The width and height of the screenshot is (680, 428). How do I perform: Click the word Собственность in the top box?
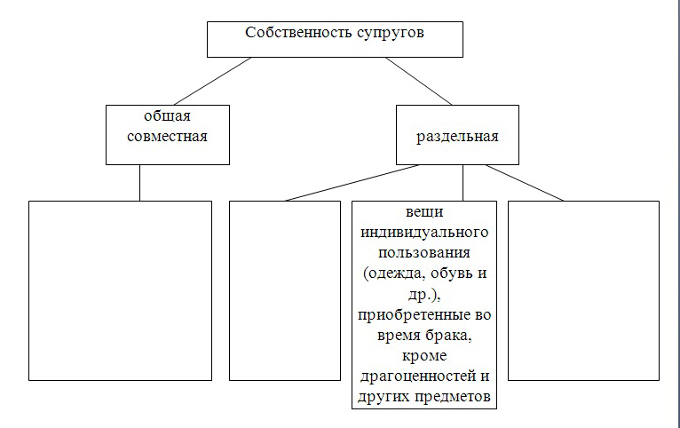[x=300, y=33]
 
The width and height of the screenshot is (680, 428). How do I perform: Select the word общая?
[x=168, y=117]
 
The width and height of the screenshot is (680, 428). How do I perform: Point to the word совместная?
[x=168, y=137]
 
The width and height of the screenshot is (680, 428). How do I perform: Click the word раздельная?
[x=457, y=137]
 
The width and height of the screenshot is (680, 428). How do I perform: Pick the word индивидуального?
[x=424, y=233]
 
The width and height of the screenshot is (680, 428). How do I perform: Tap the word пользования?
[x=424, y=253]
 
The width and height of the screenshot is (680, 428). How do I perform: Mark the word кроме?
[x=424, y=356]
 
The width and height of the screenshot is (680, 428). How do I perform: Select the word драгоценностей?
[x=418, y=376]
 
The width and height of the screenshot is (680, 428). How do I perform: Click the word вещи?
[x=424, y=212]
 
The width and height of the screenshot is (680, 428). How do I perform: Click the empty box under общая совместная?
[x=120, y=290]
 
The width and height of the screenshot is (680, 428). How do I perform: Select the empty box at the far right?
[x=584, y=290]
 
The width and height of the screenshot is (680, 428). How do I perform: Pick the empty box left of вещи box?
[x=285, y=290]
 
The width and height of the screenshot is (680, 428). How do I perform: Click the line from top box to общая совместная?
[x=212, y=81]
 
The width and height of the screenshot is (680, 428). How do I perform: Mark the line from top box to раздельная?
[x=419, y=81]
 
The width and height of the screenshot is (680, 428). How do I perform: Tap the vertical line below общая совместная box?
[x=139, y=183]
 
